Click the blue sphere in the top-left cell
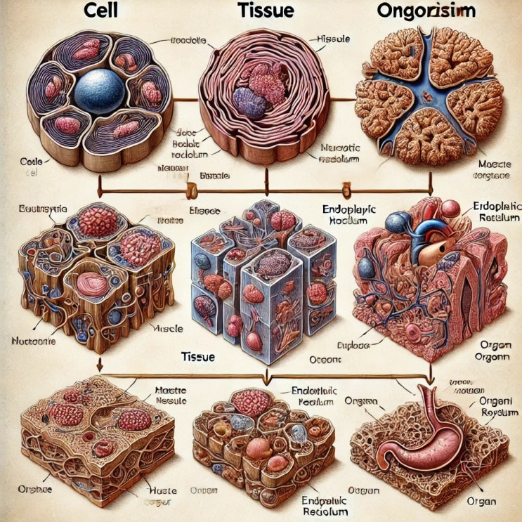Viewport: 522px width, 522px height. (99, 91)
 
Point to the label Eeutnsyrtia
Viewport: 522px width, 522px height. (34, 210)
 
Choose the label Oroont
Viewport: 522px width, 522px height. (325, 359)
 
